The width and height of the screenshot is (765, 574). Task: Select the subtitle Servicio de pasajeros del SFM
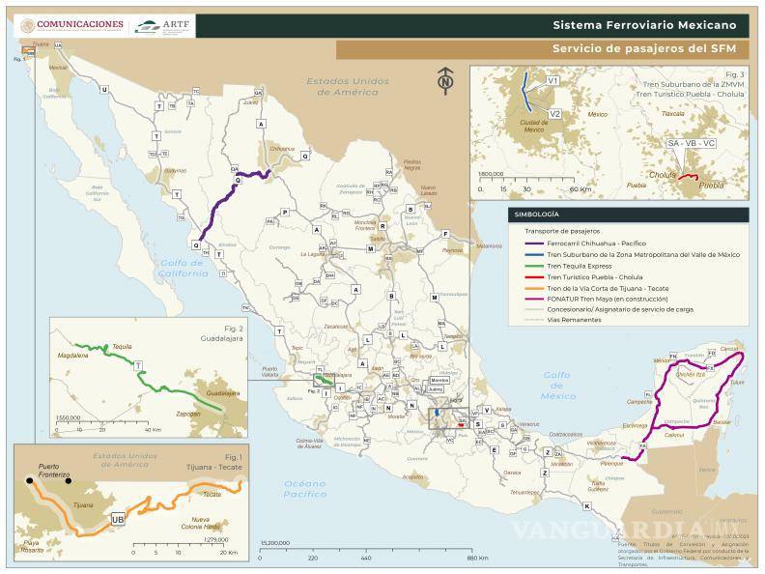[x=644, y=48]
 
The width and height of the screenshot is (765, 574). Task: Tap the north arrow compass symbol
[x=444, y=80]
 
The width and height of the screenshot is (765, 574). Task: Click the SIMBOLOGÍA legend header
[x=539, y=215]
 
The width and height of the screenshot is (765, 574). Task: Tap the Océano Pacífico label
[x=305, y=488]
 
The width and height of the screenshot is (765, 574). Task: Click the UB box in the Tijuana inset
[x=119, y=518]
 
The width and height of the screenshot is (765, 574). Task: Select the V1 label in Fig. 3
[x=553, y=82]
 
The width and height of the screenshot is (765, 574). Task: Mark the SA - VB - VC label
[x=692, y=143]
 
